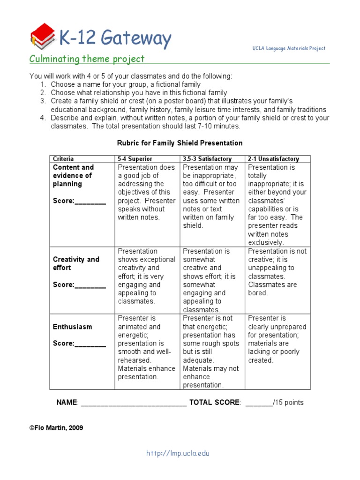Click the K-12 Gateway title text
pyautogui.click(x=115, y=38)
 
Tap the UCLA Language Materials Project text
pyautogui.click(x=288, y=49)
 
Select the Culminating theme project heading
pyautogui.click(x=87, y=59)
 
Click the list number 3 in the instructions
pyautogui.click(x=43, y=101)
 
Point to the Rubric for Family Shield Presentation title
pyautogui.click(x=180, y=143)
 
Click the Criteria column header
pyautogui.click(x=63, y=159)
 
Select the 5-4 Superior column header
pyautogui.click(x=135, y=159)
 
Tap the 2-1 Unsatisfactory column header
pyautogui.click(x=273, y=159)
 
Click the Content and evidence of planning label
pyautogui.click(x=74, y=176)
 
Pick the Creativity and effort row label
pyautogui.click(x=76, y=263)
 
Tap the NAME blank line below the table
pyautogui.click(x=134, y=403)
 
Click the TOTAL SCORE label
pyautogui.click(x=215, y=403)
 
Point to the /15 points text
pyautogui.click(x=288, y=403)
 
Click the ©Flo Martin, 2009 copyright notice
pyautogui.click(x=56, y=428)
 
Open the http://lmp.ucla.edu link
pyautogui.click(x=178, y=453)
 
